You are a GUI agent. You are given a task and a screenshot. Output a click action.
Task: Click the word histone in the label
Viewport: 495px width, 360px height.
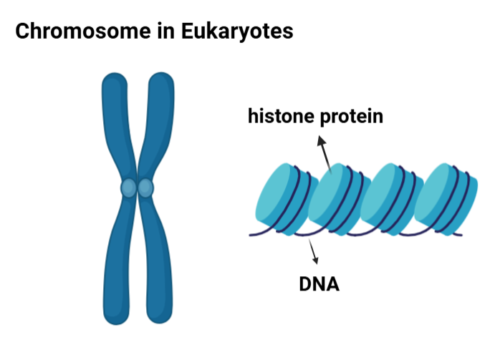tap(279, 116)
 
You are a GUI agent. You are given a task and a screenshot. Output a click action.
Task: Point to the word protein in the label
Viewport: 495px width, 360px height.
tap(349, 116)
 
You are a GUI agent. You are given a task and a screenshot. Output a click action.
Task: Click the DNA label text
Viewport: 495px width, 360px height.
tap(319, 284)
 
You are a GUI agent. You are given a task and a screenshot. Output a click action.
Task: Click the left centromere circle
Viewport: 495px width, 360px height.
tap(128, 188)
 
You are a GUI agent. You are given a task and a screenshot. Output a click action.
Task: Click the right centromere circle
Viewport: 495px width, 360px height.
tap(146, 188)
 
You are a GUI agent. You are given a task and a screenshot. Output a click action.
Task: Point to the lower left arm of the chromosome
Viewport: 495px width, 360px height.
tap(117, 265)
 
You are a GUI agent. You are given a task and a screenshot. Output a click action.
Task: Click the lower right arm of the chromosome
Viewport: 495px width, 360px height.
tap(158, 265)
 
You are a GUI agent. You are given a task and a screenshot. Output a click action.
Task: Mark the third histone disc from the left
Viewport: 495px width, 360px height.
tap(387, 197)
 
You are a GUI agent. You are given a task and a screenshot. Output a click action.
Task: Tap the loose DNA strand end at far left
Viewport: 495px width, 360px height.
tap(251, 234)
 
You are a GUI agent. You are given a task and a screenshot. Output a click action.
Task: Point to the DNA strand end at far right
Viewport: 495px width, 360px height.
tap(459, 234)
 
